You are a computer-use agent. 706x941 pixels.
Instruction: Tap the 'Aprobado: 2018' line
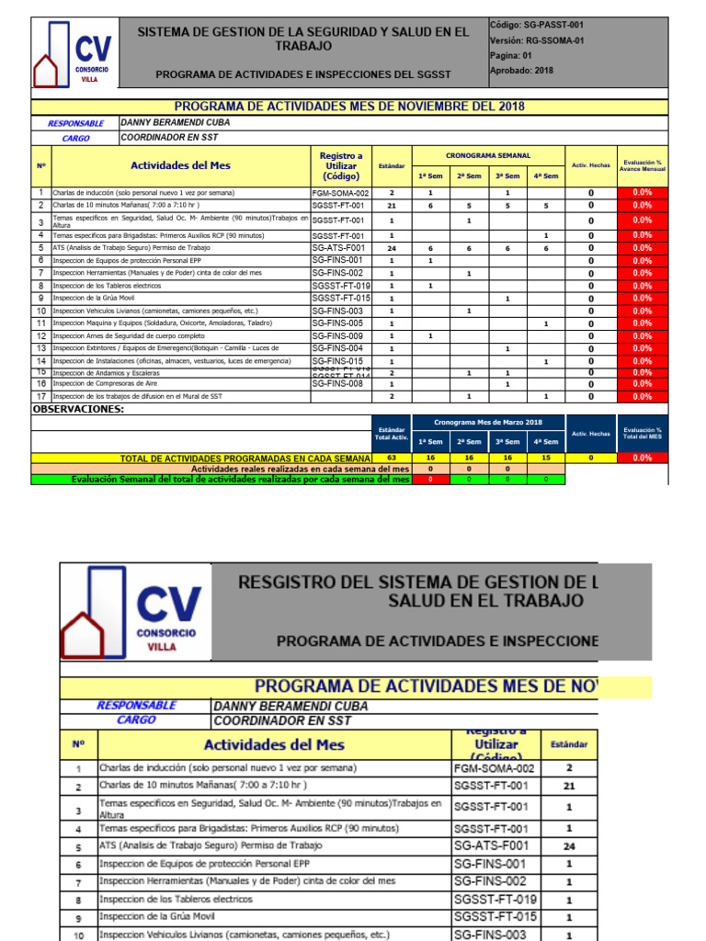522,70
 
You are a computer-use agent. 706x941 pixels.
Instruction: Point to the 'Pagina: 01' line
511,55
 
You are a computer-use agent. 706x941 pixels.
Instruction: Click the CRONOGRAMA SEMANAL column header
487,156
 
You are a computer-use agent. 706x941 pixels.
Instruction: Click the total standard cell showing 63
392,457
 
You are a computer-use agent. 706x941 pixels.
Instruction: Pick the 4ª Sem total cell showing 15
545,457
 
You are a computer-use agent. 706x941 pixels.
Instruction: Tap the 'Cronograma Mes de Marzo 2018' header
487,422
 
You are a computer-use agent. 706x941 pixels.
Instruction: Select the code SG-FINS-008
337,384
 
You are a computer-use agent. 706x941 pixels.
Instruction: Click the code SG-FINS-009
337,336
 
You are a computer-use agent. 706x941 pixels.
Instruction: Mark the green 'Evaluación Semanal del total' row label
240,479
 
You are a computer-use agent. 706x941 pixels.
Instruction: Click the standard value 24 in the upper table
392,248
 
